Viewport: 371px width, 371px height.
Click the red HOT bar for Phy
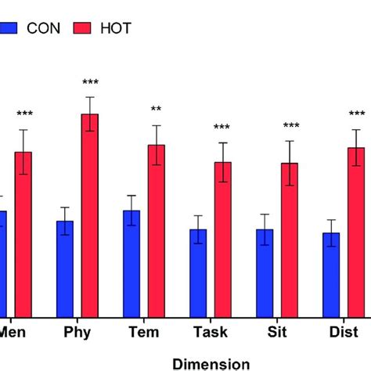click(x=90, y=215)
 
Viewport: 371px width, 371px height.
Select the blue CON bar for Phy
click(x=65, y=268)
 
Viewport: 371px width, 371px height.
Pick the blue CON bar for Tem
click(x=131, y=263)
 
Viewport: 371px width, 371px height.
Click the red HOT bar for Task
click(x=223, y=239)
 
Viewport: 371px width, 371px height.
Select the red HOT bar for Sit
click(x=290, y=240)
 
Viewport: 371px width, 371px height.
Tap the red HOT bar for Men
click(x=23, y=234)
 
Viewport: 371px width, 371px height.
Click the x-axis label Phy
click(x=77, y=333)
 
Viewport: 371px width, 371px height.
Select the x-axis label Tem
click(x=144, y=333)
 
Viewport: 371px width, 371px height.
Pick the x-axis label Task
click(x=211, y=333)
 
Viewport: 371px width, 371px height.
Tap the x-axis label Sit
click(x=277, y=333)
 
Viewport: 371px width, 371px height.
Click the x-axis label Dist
click(x=344, y=333)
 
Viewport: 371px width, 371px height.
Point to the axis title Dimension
click(x=211, y=363)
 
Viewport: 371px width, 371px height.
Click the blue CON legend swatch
click(x=9, y=28)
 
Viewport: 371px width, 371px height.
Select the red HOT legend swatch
click(x=84, y=28)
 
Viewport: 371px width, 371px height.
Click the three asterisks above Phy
click(x=90, y=83)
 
